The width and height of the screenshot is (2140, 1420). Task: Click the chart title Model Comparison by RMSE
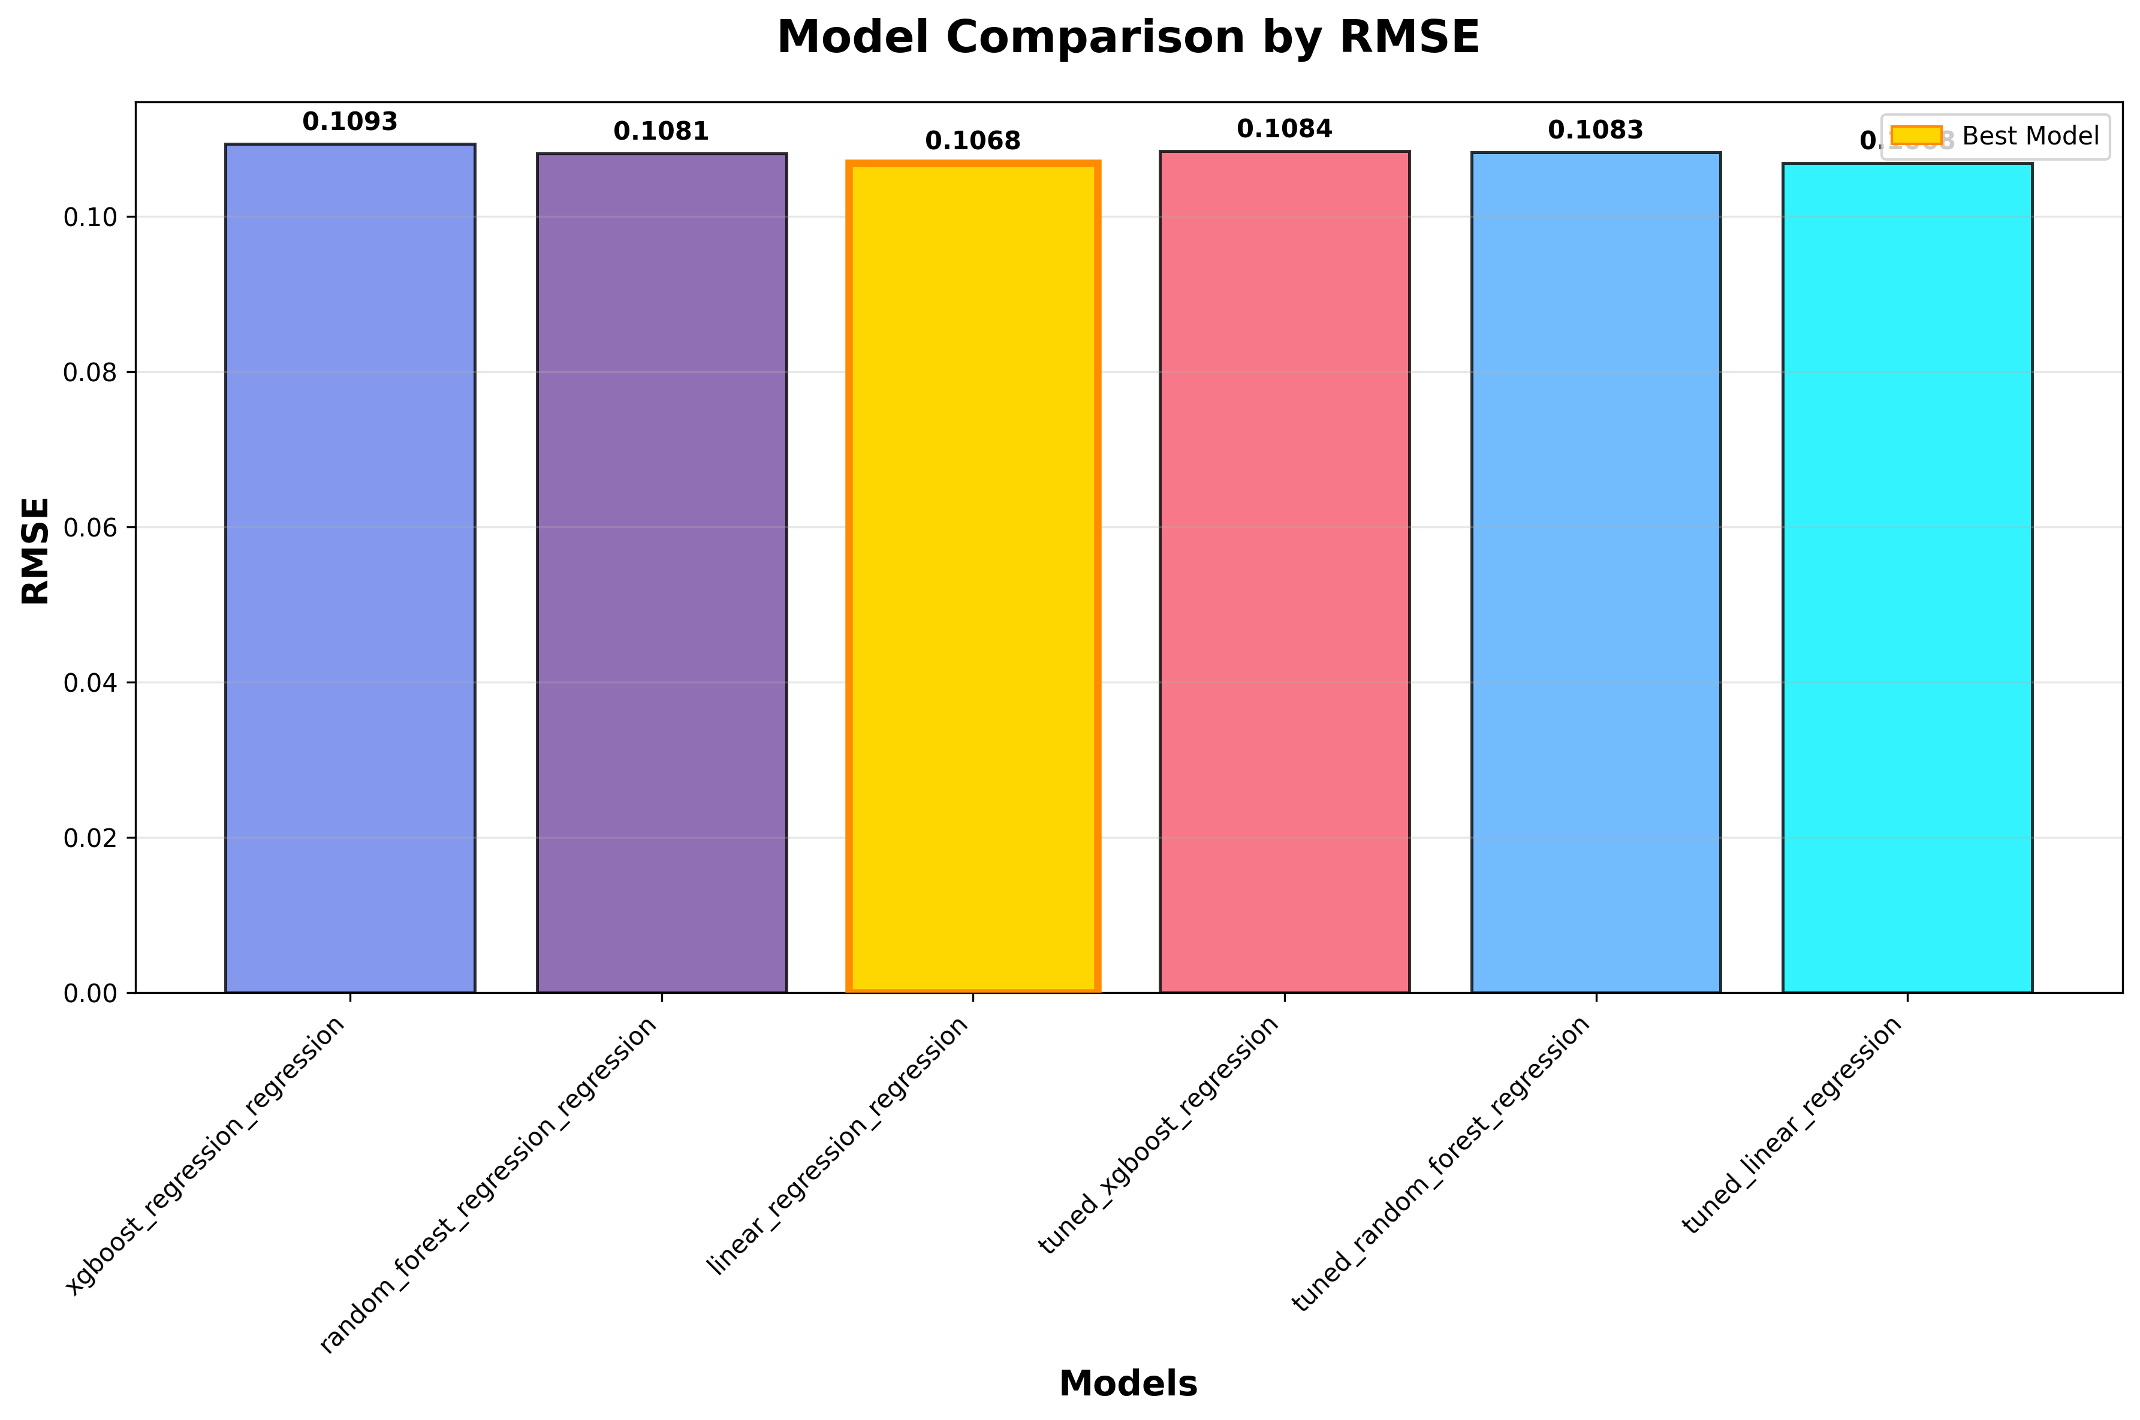coord(1128,38)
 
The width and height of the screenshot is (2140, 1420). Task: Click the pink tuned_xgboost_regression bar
coord(1284,571)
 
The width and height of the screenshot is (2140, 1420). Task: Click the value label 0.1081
coord(661,132)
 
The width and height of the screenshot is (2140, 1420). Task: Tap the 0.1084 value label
coord(1284,129)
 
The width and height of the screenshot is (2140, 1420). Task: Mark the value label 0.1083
coord(1596,131)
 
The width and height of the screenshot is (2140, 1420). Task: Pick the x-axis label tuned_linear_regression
coord(1792,1126)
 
